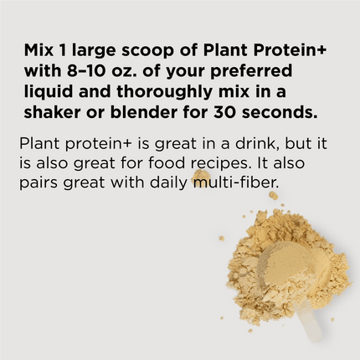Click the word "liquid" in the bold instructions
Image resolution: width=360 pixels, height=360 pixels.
(x=50, y=90)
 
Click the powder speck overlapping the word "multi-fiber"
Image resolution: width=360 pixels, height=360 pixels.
(x=201, y=177)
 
